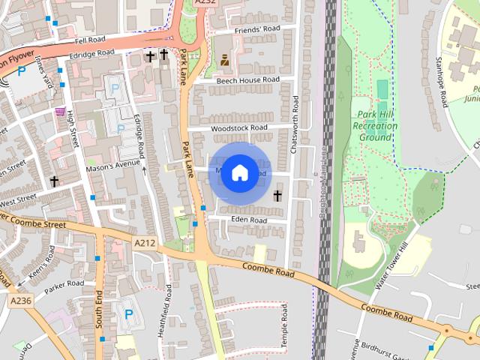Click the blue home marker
(x=238, y=173)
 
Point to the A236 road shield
(x=21, y=299)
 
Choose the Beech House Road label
(x=247, y=79)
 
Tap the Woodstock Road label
(x=239, y=128)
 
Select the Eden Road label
(x=249, y=220)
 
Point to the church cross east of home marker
(x=277, y=196)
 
